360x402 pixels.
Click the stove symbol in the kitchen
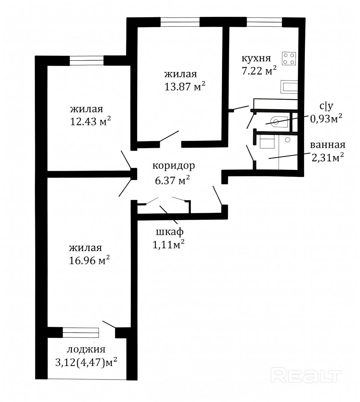[289, 58]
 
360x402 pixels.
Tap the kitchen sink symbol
[289, 87]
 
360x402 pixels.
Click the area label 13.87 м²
[184, 86]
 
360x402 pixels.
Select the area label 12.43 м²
[90, 121]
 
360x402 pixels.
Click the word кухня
[256, 58]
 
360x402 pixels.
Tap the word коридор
[174, 166]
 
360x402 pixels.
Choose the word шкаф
[170, 232]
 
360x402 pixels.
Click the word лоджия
[86, 349]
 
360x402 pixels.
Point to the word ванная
[328, 145]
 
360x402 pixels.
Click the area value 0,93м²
[326, 118]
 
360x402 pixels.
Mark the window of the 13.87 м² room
[180, 22]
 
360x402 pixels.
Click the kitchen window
[264, 22]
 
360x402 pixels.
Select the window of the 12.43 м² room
[87, 60]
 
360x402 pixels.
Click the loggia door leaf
[109, 324]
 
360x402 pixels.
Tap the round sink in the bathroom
[288, 140]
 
